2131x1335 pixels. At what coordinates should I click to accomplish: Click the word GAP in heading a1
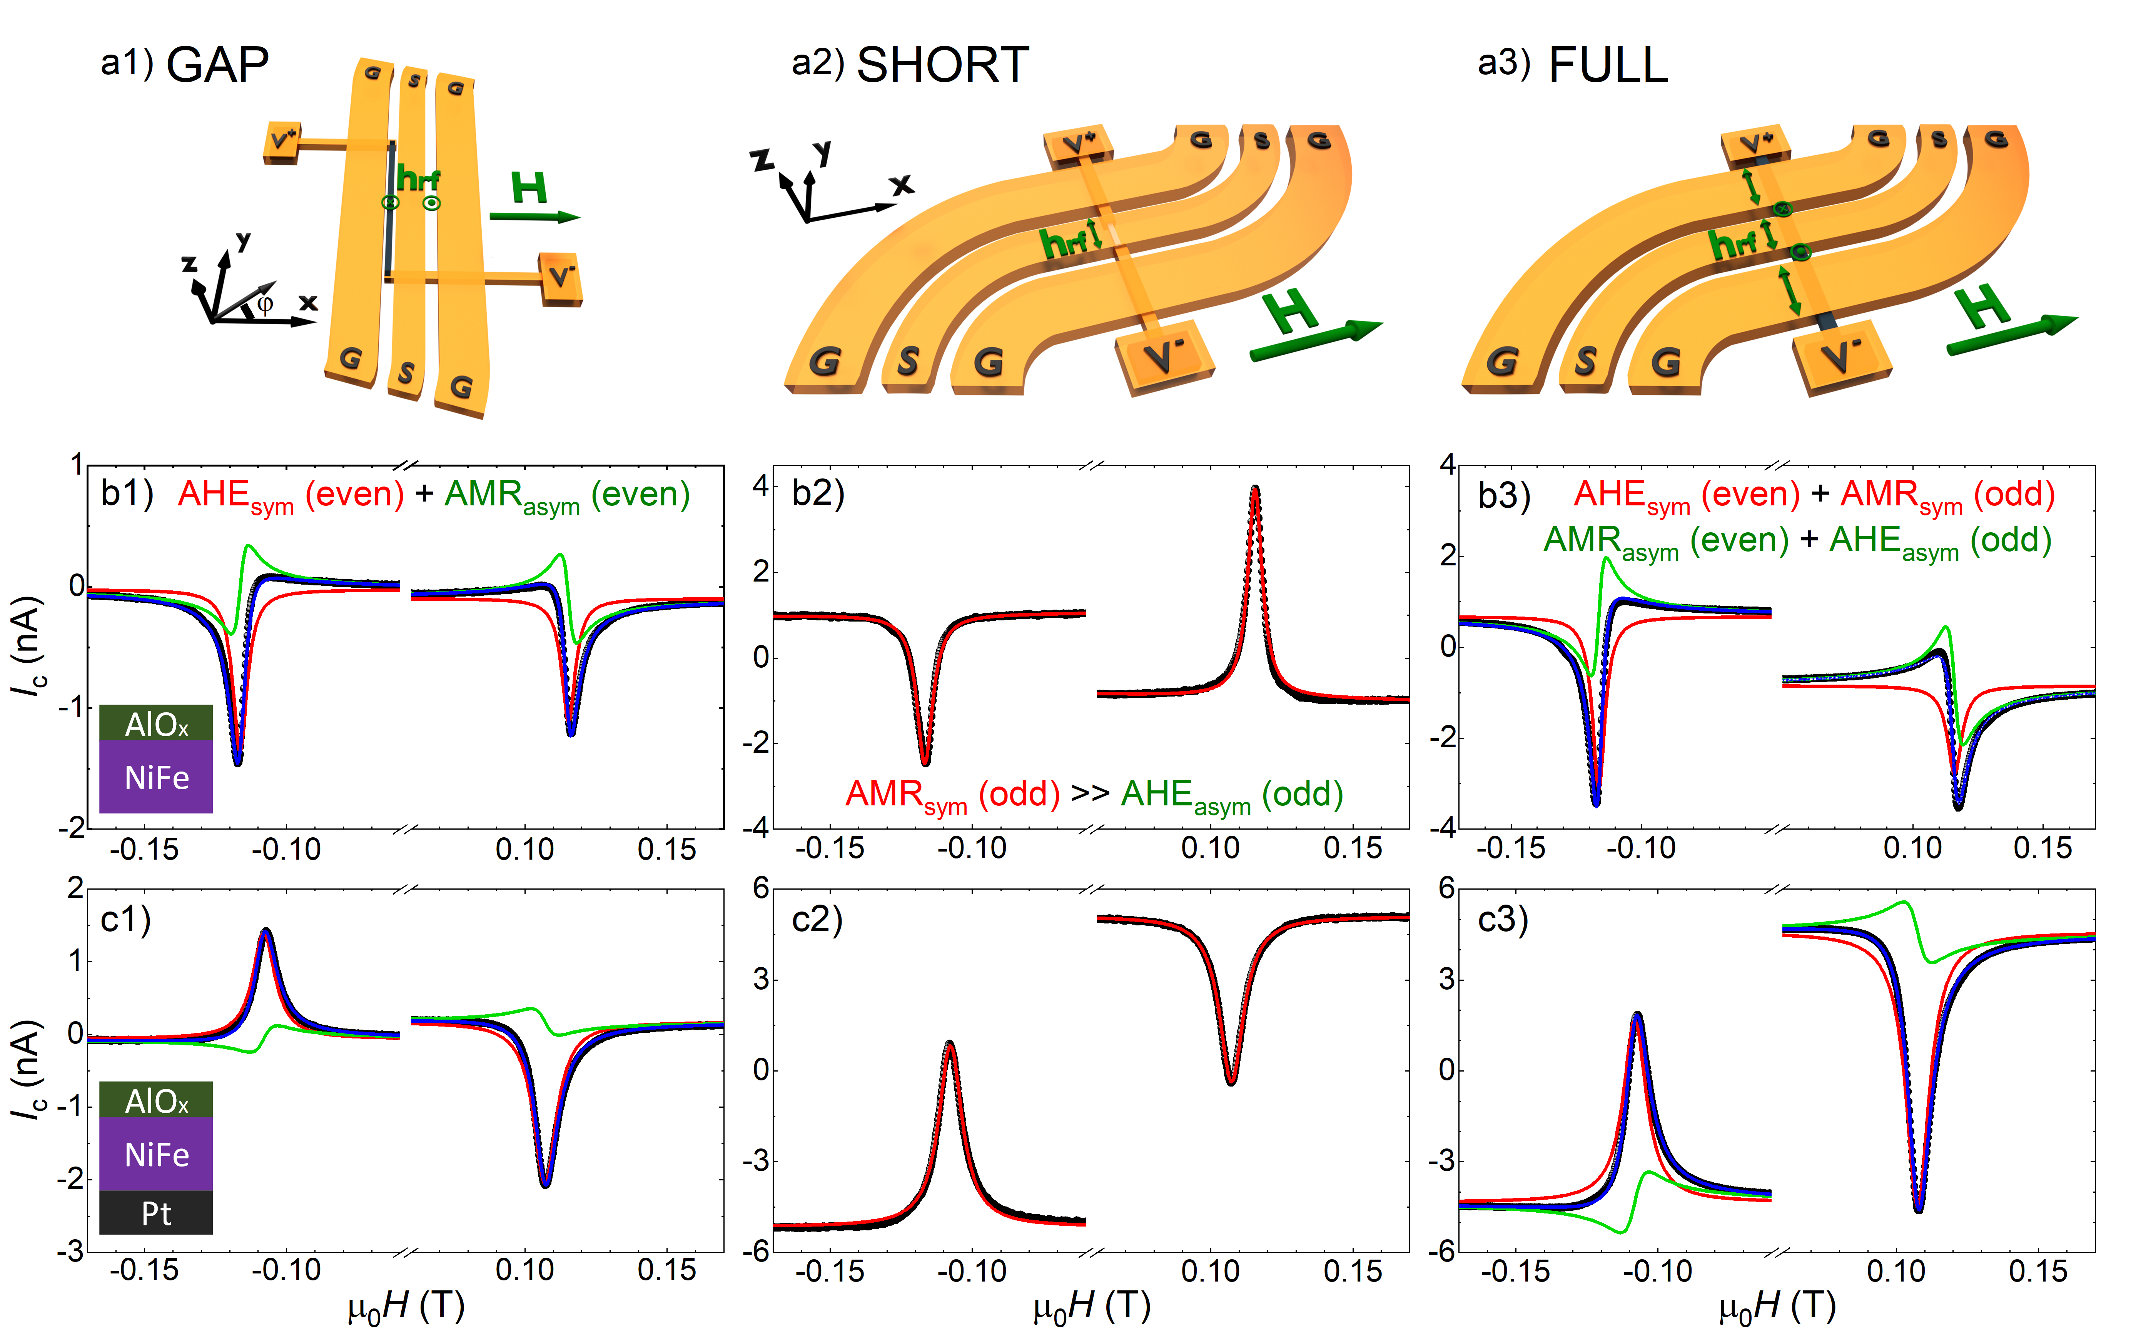[x=217, y=65]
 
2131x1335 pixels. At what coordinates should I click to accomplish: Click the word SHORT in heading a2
[x=942, y=65]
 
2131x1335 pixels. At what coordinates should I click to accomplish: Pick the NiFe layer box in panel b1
[x=156, y=777]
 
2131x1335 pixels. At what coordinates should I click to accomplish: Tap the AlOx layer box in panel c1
[x=156, y=1100]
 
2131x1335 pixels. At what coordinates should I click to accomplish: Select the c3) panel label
[x=1503, y=920]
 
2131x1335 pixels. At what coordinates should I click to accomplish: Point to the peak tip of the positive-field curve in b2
[x=1255, y=488]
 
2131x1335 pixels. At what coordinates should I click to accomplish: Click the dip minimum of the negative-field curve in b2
[x=925, y=763]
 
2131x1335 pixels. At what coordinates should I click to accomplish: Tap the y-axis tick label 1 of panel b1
[x=77, y=465]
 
